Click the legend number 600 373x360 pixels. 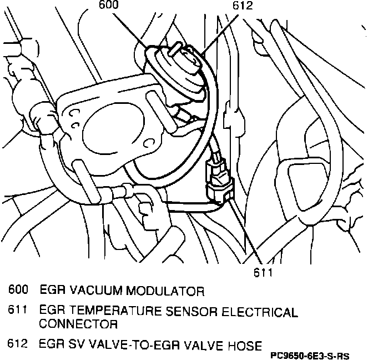point(18,291)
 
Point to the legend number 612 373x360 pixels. point(18,345)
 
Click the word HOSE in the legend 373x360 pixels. point(245,345)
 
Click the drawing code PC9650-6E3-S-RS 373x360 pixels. point(318,354)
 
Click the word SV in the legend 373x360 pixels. point(73,345)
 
